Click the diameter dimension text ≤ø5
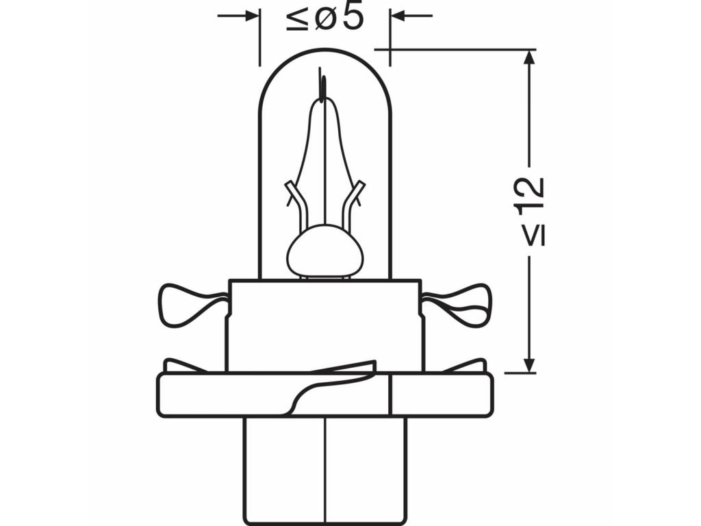325,17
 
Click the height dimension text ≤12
531,212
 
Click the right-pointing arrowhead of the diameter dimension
251,16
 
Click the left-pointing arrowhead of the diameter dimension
398,16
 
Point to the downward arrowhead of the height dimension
529,364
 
